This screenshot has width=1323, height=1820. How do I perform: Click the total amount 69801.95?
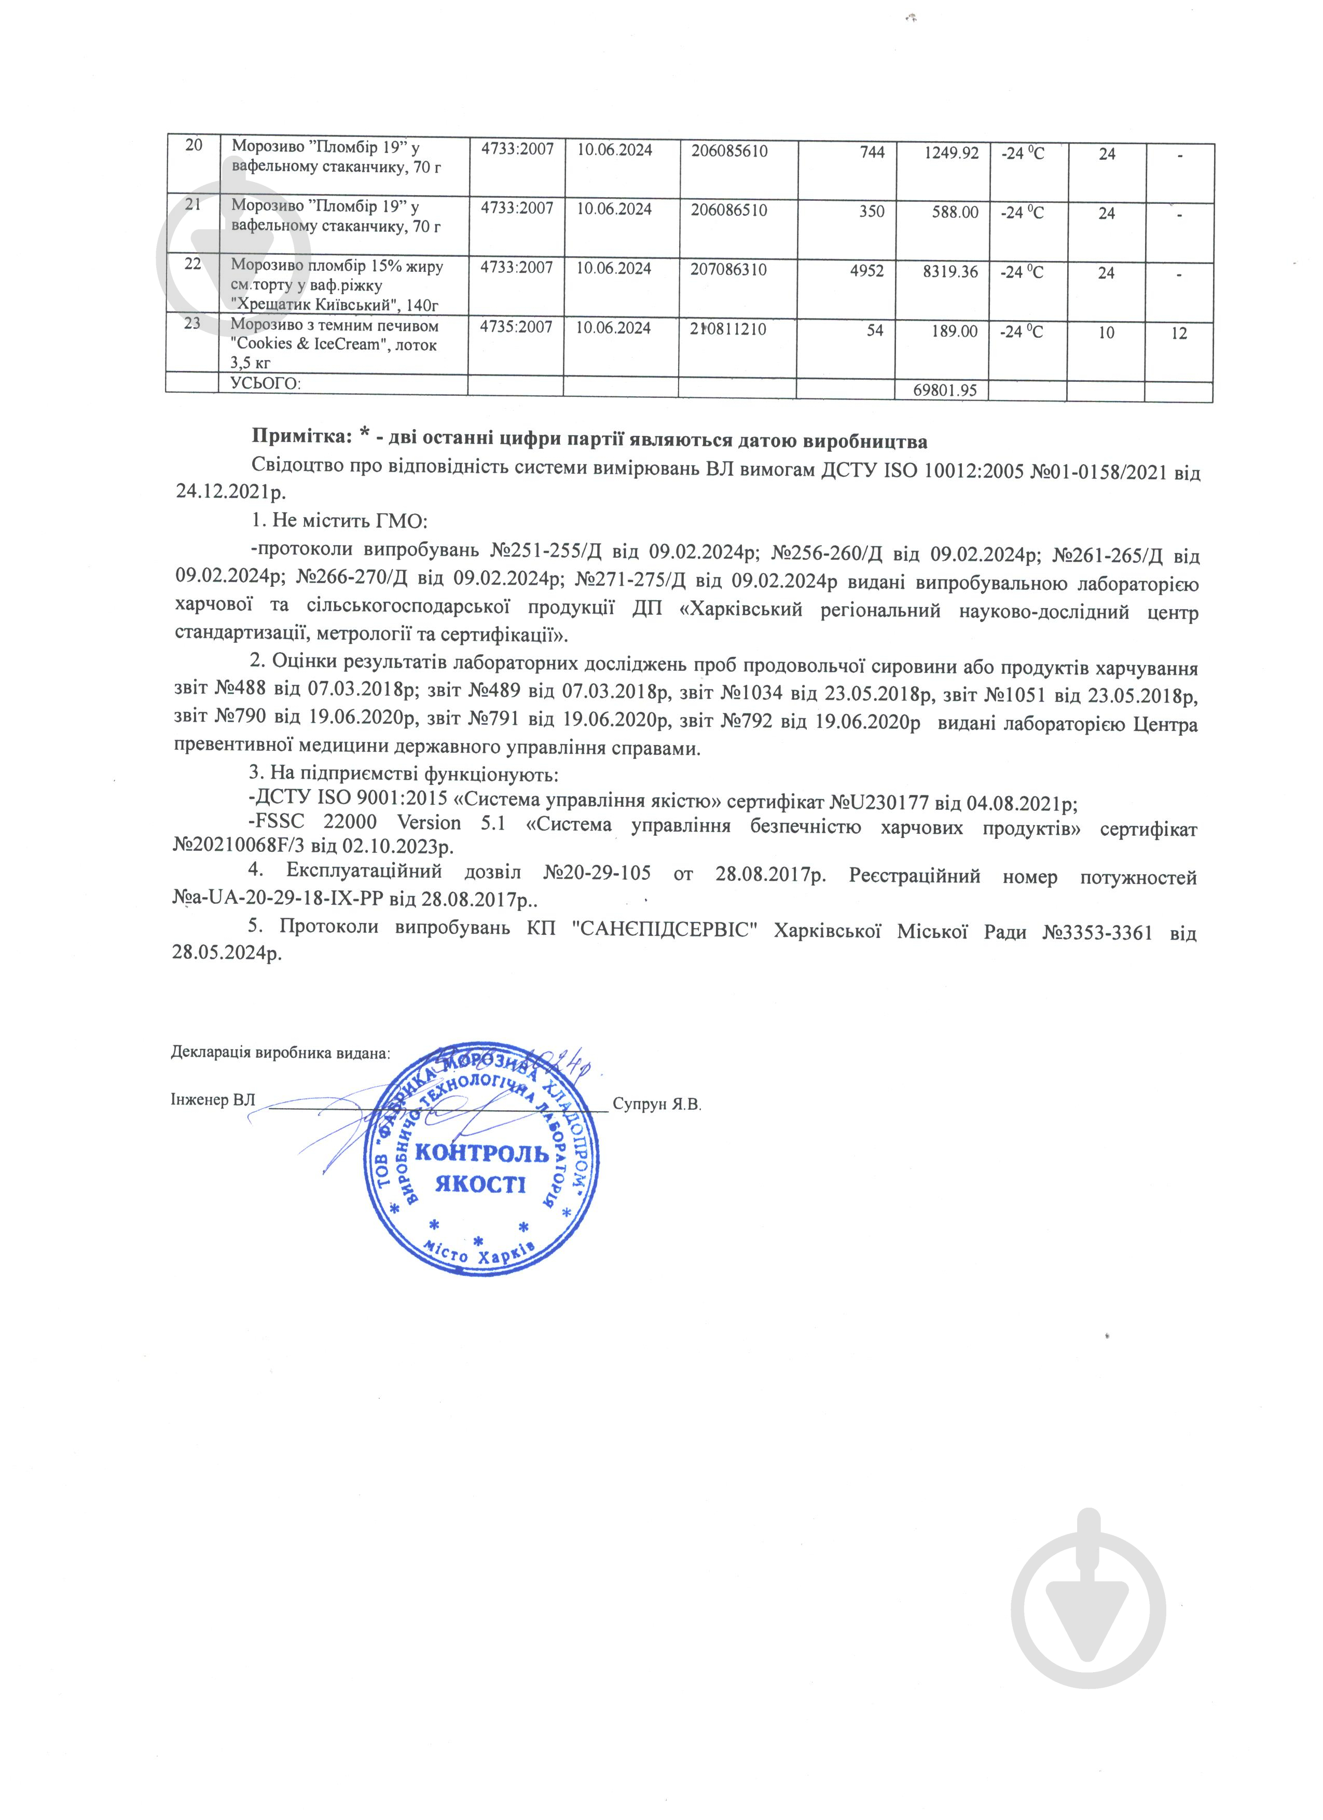[x=945, y=391]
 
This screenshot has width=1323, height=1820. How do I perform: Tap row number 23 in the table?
[x=192, y=325]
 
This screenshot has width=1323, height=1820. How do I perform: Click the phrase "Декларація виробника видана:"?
[x=281, y=1052]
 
